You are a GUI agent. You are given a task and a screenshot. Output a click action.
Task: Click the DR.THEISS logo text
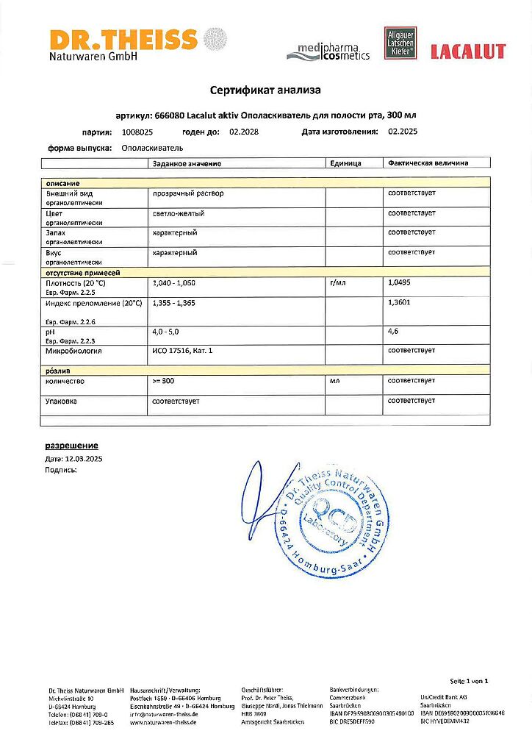(123, 39)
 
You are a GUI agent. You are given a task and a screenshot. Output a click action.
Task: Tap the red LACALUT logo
(467, 51)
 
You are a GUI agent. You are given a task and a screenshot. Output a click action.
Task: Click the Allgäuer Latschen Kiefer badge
(400, 44)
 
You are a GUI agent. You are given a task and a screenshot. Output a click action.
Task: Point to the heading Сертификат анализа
(265, 90)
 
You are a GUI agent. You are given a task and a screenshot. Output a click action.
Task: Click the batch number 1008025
(137, 132)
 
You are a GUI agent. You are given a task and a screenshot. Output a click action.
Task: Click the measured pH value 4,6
(393, 332)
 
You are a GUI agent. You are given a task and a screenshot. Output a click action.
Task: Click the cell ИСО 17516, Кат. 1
(181, 351)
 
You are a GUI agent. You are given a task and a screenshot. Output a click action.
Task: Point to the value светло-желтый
(178, 213)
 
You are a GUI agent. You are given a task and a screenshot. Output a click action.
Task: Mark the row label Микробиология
(73, 351)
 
